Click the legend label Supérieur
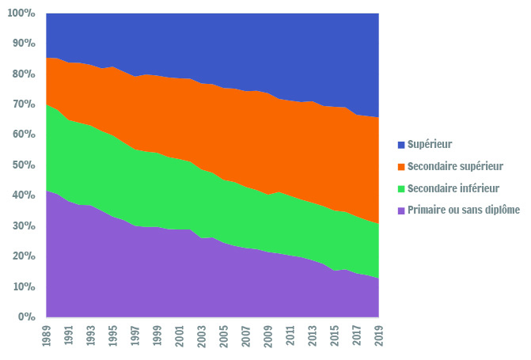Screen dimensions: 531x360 430,145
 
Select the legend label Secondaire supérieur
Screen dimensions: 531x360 455,166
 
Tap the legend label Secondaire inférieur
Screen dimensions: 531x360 453,188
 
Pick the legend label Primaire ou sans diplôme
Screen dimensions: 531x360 464,210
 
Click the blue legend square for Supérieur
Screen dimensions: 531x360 401,145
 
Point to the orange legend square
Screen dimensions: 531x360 401,167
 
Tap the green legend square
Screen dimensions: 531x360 401,188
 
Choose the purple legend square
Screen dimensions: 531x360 401,210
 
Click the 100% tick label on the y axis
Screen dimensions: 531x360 21,13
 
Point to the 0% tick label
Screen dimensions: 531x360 26,316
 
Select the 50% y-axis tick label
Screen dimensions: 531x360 24,165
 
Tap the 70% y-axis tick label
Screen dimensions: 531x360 24,104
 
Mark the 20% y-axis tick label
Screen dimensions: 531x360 24,256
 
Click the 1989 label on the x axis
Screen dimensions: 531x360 47,336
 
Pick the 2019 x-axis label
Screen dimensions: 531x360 379,336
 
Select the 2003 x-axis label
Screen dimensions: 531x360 202,336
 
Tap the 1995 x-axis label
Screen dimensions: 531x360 113,336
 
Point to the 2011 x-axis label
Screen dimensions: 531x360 290,336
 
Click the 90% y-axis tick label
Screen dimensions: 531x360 24,44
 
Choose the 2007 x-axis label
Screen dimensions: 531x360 246,336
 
